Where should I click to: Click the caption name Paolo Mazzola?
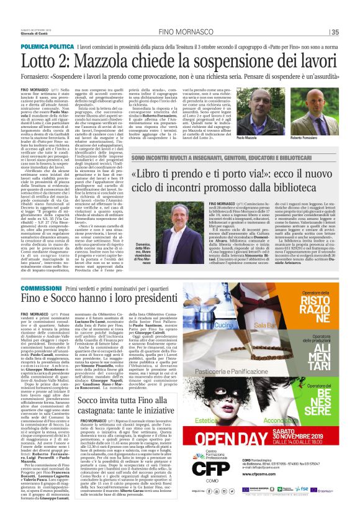[263, 153]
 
